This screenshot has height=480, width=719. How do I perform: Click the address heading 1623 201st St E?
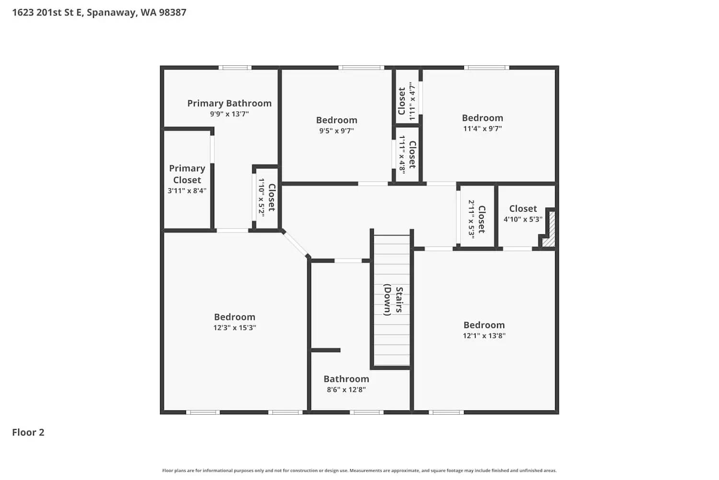(x=99, y=12)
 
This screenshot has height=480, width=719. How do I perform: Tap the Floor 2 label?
(x=28, y=432)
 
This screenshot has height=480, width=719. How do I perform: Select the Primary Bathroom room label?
(x=229, y=103)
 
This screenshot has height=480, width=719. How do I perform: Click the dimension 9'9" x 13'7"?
(x=229, y=114)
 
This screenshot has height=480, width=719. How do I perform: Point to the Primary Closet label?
(x=187, y=174)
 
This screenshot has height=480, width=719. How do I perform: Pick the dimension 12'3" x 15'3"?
(x=234, y=328)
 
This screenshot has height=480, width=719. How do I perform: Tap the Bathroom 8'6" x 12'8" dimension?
(x=346, y=390)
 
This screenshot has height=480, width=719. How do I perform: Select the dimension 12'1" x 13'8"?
(x=484, y=336)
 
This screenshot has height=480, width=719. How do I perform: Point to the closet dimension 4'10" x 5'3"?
(x=522, y=219)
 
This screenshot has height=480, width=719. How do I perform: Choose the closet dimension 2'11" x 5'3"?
(x=472, y=219)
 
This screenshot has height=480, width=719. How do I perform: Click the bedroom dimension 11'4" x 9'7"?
(x=482, y=129)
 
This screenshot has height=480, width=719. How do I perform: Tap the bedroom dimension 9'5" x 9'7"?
(x=336, y=131)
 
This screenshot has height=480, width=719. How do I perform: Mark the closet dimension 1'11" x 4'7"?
(x=412, y=101)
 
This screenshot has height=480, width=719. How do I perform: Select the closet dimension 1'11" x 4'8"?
(x=402, y=155)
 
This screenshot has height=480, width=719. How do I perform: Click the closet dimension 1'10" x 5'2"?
(x=262, y=197)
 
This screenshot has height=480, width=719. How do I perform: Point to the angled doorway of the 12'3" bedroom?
(x=296, y=244)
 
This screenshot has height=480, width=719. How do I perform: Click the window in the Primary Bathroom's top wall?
(x=235, y=68)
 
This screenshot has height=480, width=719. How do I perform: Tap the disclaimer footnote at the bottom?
(x=359, y=471)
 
